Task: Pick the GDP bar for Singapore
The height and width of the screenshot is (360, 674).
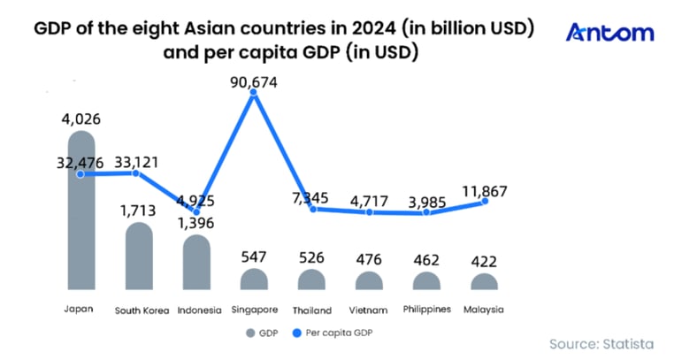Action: (x=254, y=280)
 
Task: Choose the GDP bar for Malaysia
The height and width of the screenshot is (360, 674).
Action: (x=485, y=282)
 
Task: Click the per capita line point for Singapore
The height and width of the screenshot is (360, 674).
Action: (x=255, y=94)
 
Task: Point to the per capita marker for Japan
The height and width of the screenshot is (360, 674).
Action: (x=81, y=174)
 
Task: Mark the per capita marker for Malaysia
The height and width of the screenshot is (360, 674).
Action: (x=485, y=202)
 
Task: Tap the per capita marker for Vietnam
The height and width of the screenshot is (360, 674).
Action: (x=370, y=212)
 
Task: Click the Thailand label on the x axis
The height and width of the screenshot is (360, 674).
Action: (x=311, y=310)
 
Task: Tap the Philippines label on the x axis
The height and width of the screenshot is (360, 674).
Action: (x=427, y=310)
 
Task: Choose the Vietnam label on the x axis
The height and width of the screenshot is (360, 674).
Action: (x=370, y=310)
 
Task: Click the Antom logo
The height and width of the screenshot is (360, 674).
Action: (x=609, y=34)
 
